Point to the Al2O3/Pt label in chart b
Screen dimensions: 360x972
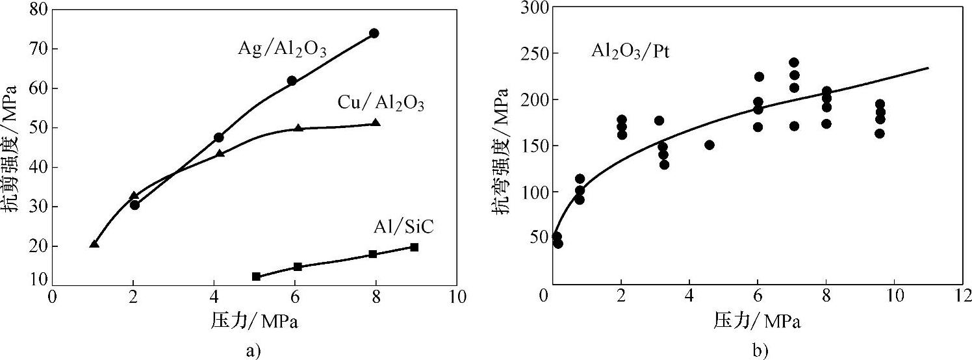[630, 52]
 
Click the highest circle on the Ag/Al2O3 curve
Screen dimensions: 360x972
[374, 33]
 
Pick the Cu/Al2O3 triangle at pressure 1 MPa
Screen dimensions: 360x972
[94, 244]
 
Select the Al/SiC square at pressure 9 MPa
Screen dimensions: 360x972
[414, 247]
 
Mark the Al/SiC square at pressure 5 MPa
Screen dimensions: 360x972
[256, 276]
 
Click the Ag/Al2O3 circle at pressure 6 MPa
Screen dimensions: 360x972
[292, 81]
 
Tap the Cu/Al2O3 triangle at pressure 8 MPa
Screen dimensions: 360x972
[376, 123]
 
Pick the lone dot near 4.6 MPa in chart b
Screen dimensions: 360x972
[710, 145]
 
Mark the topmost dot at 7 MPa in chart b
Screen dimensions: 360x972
[794, 62]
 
